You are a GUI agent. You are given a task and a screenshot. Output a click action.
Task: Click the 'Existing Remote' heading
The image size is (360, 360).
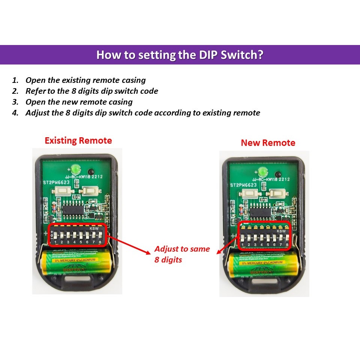(78, 141)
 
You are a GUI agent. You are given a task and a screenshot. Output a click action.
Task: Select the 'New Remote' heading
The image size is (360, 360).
(268, 143)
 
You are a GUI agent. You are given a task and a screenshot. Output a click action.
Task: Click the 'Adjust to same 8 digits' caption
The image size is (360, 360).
(182, 254)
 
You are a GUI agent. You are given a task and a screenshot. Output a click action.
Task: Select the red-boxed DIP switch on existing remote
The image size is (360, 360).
(78, 235)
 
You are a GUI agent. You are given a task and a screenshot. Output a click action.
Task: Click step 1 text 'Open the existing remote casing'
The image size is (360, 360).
(85, 80)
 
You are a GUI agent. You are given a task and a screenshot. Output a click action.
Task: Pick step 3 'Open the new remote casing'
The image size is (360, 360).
(79, 102)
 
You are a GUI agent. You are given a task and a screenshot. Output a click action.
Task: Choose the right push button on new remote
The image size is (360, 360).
(278, 194)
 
